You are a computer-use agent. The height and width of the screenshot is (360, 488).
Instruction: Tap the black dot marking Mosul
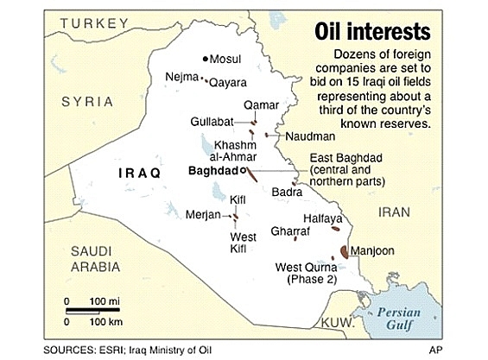coord(205,59)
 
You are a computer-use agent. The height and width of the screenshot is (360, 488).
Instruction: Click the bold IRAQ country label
coord(138,174)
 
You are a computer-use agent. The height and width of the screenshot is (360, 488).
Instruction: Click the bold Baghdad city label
coord(212,172)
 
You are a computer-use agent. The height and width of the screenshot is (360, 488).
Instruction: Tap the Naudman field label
coord(311,136)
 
